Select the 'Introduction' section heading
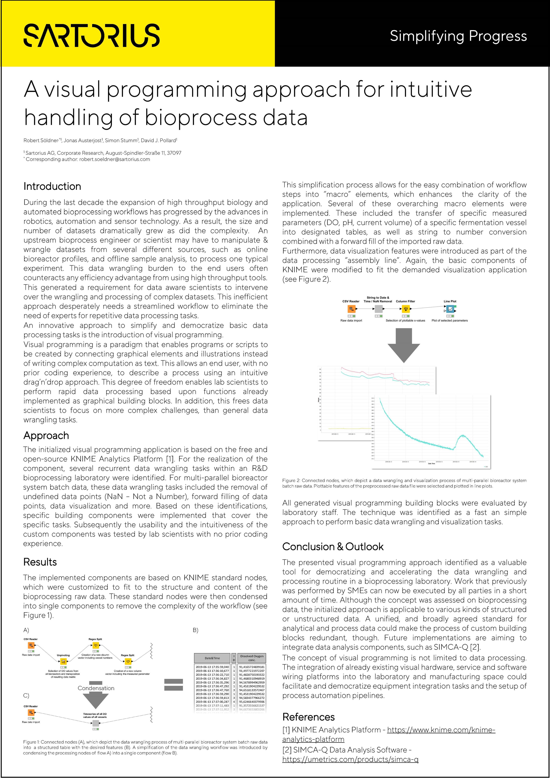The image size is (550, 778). click(52, 186)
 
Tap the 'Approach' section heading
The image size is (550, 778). click(46, 435)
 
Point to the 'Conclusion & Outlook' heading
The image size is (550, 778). click(333, 547)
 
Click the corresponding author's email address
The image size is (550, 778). click(115, 159)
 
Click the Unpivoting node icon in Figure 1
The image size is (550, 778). click(63, 661)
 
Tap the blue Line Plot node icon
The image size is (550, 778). click(450, 309)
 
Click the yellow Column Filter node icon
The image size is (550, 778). click(406, 309)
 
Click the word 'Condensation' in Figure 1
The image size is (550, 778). click(96, 688)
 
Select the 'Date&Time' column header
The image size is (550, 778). click(212, 658)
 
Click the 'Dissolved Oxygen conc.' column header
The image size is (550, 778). click(252, 658)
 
